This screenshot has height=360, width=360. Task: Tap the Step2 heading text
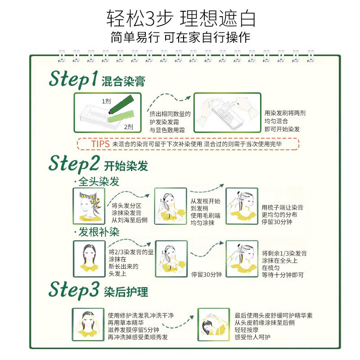coord(74,164)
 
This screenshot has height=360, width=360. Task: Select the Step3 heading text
coord(73,289)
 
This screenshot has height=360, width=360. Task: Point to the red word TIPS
coord(100,144)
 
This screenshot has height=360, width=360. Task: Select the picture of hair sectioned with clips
coord(88,205)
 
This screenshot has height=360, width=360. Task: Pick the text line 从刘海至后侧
coord(129,220)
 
